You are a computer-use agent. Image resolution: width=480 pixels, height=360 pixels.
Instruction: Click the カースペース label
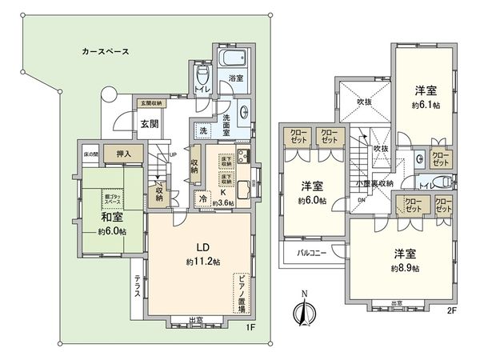pyautogui.click(x=105, y=50)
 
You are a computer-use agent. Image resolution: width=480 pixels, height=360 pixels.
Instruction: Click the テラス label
pyautogui.click(x=138, y=286)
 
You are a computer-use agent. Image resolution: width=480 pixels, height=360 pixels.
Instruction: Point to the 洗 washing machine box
pyautogui.click(x=202, y=131)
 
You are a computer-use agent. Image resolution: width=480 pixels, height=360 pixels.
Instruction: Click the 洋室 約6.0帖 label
pyautogui.click(x=308, y=192)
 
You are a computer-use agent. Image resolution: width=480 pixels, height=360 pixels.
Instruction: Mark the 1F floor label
pyautogui.click(x=250, y=327)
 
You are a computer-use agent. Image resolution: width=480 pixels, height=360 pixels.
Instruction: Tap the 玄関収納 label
pyautogui.click(x=151, y=104)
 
